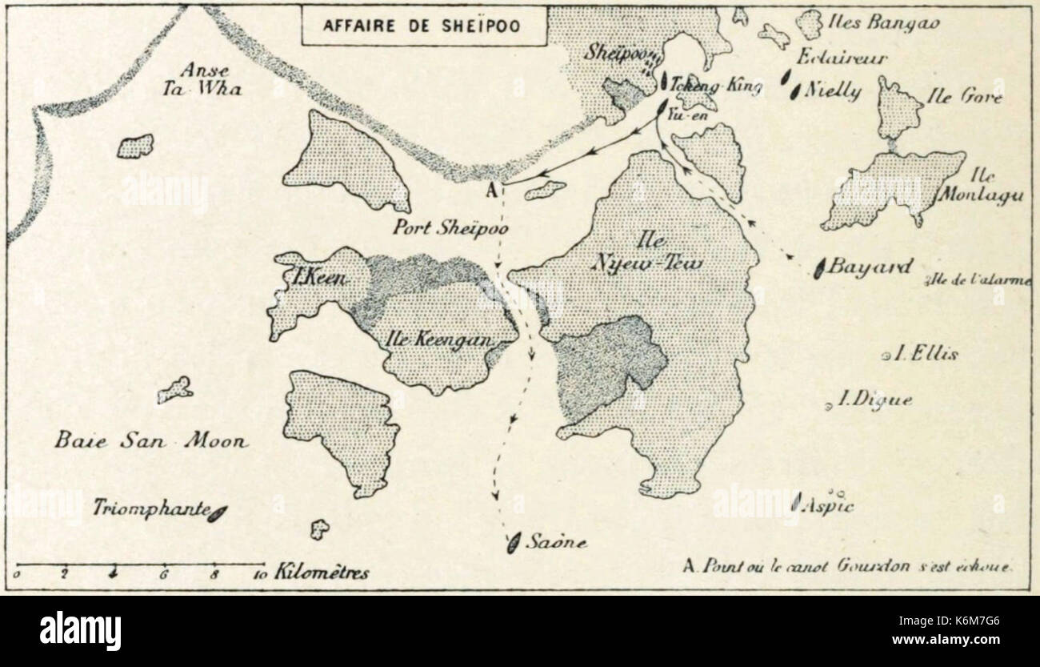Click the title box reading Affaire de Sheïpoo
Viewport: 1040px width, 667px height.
coord(424,25)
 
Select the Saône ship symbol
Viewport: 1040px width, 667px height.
coord(513,543)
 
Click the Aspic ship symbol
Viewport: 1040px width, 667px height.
coord(796,502)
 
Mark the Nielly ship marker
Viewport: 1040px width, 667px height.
coord(796,91)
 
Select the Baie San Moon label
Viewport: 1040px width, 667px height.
coord(151,440)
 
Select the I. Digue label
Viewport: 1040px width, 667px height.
coord(874,400)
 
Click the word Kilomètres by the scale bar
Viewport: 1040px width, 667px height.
coord(322,573)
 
